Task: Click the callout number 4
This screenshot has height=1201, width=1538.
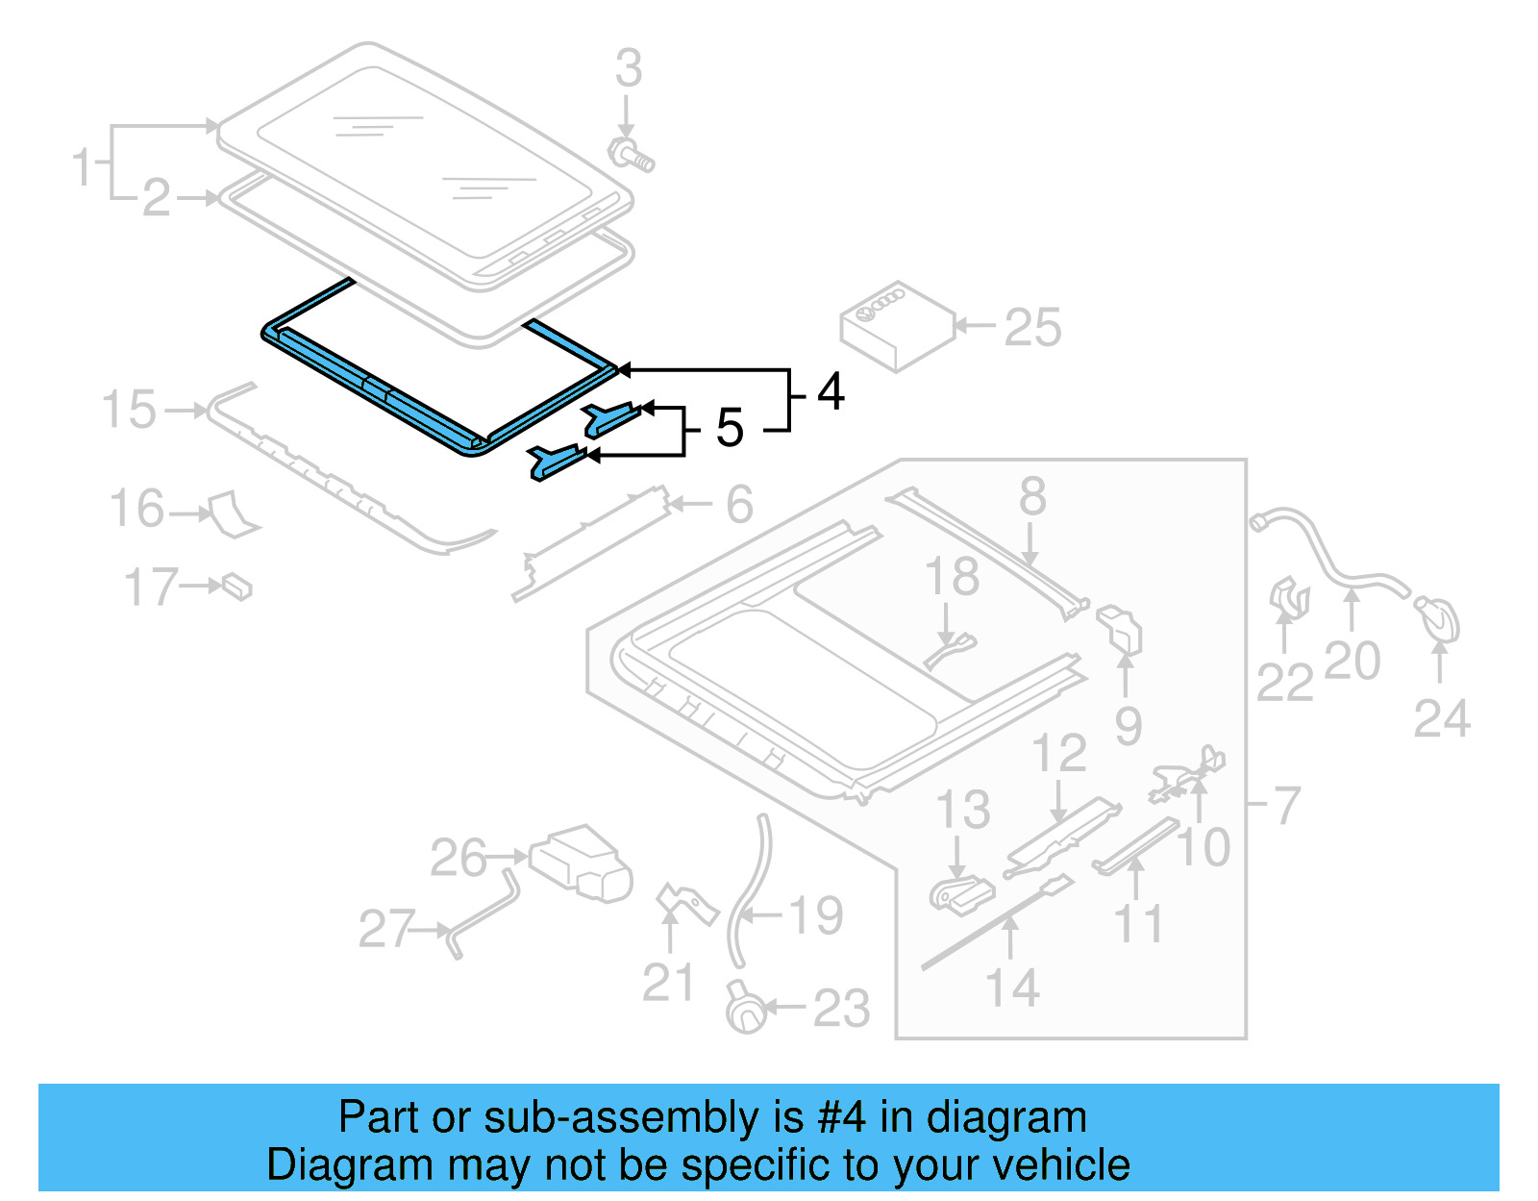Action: click(x=831, y=392)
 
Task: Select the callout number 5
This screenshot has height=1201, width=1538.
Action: click(x=730, y=428)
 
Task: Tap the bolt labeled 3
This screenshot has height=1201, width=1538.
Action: click(x=631, y=156)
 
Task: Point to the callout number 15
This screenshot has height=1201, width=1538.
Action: click(x=129, y=410)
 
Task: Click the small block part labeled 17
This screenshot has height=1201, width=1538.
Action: click(x=237, y=586)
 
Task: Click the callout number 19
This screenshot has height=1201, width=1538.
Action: click(x=816, y=915)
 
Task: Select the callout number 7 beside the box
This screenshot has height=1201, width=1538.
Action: click(x=1287, y=805)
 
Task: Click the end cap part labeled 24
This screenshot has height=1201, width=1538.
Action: click(x=1439, y=619)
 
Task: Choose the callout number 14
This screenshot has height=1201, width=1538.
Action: click(x=1012, y=988)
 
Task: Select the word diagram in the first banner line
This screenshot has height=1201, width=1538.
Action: click(x=1006, y=1117)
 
